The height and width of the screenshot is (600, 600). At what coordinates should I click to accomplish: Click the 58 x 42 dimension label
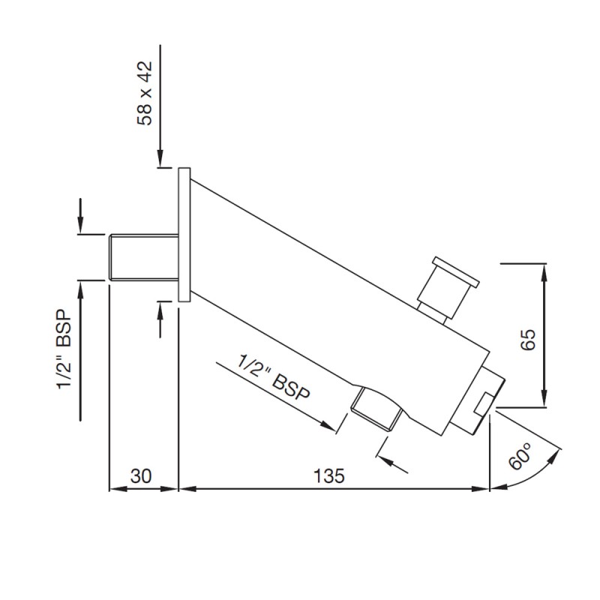(145, 93)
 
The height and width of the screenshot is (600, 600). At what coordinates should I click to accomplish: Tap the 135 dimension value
(329, 476)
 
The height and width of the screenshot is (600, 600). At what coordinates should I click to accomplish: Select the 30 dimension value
(141, 476)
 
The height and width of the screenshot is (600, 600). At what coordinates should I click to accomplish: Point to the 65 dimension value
(529, 339)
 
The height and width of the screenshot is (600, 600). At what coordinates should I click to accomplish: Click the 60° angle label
(520, 456)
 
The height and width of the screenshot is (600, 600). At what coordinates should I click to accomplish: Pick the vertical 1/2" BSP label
(64, 349)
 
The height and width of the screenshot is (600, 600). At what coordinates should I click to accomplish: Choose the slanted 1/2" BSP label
(274, 377)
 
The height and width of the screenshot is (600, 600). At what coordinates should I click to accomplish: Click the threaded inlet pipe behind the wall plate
(144, 257)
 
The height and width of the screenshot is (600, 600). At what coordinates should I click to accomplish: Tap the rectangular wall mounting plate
(184, 235)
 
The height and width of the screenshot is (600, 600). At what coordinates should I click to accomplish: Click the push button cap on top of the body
(455, 272)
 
